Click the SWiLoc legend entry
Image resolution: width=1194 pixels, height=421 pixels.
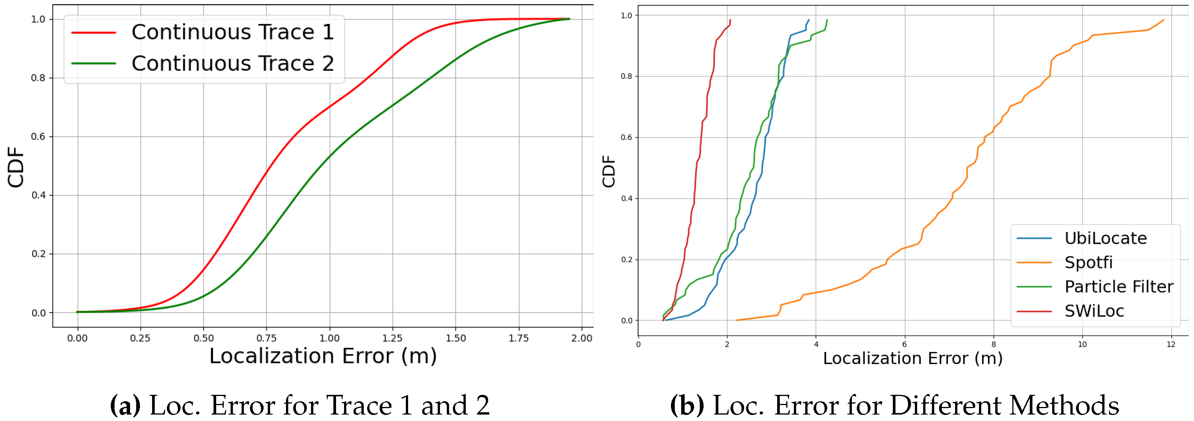[x=1094, y=311]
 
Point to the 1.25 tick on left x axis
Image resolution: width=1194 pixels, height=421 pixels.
[x=392, y=338]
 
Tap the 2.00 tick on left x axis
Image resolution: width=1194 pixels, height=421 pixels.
[x=581, y=338]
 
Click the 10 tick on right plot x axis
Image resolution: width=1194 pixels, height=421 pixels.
[x=1082, y=344]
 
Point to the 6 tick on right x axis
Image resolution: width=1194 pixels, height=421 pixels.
[x=904, y=344]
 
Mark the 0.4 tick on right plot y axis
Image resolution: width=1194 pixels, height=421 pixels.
[x=626, y=198]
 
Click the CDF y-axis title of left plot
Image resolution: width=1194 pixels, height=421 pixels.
[x=16, y=167]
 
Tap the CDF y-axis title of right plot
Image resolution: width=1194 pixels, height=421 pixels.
[x=609, y=171]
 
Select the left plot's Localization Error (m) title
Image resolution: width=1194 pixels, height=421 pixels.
[x=323, y=356]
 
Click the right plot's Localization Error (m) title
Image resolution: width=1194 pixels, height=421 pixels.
[x=912, y=358]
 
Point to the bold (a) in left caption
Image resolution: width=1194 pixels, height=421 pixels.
[x=125, y=406]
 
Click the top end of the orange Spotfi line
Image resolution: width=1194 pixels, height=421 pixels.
[x=1163, y=20]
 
